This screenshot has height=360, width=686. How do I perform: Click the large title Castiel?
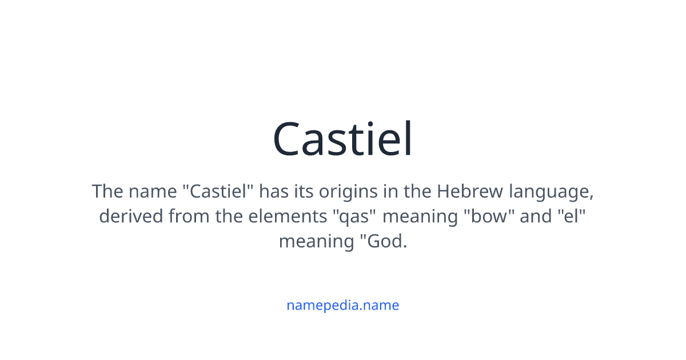tap(342, 139)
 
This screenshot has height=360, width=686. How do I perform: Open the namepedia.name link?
tap(342, 305)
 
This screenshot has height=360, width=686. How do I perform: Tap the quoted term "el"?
tap(572, 217)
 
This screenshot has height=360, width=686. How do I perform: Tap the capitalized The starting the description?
tap(107, 191)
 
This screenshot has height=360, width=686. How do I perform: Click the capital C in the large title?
tap(289, 139)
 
